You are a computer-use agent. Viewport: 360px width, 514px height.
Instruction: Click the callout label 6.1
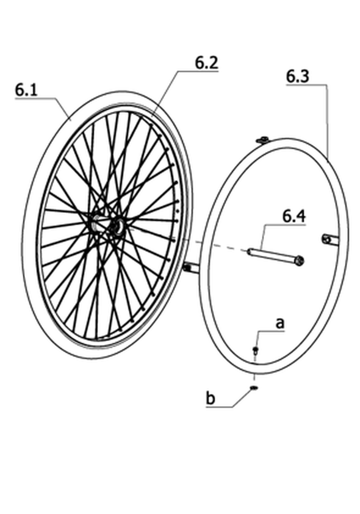point(26,90)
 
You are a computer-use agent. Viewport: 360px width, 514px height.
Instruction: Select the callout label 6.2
point(207,63)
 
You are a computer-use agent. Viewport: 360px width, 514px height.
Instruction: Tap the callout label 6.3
point(297,76)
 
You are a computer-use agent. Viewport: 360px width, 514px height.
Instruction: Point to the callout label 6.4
point(294,217)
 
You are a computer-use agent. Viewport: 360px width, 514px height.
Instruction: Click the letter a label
point(280,324)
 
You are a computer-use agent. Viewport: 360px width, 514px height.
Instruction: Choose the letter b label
point(211,398)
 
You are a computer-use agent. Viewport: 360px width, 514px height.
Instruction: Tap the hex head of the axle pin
point(300,261)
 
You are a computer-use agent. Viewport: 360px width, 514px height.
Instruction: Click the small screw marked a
point(256,350)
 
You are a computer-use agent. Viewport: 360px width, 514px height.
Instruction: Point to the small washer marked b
point(254,388)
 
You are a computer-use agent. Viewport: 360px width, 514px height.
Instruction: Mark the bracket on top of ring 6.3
point(262,140)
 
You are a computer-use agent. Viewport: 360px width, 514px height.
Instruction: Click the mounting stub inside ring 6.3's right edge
point(330,240)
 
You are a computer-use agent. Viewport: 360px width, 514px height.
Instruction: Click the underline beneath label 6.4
point(285,225)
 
